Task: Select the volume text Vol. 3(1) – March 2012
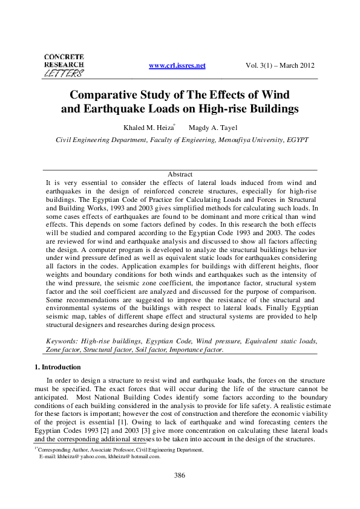click(280, 65)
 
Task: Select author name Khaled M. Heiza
click(149, 128)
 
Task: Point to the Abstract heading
click(180, 174)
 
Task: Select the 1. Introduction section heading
click(64, 366)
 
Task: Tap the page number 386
click(179, 476)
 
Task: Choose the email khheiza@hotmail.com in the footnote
click(134, 456)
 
